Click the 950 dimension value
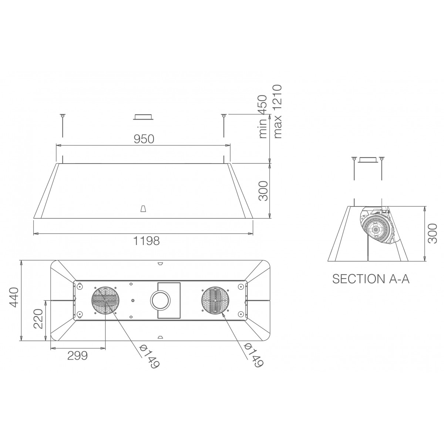pos(144,139)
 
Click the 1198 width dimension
pos(147,241)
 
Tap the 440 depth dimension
pos(13,297)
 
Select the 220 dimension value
pos(38,319)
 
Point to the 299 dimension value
pos(77,356)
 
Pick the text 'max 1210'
pos(277,112)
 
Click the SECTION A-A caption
pos(371,279)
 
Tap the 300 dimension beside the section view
pos(432,233)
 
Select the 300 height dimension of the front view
pos(263,191)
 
